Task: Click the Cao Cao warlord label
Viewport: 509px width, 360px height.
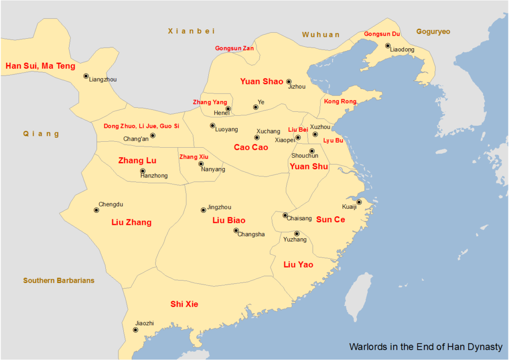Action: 251,147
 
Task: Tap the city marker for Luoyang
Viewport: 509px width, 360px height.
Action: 213,126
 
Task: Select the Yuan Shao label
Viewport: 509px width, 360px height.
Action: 261,82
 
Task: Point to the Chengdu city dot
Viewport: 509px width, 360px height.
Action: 96,210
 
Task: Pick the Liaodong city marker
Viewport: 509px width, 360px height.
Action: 388,46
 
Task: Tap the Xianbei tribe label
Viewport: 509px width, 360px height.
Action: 191,31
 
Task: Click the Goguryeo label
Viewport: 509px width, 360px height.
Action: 433,32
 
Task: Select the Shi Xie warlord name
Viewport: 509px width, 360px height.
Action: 184,304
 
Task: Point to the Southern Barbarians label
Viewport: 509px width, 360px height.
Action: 59,281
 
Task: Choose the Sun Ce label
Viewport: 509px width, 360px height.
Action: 331,219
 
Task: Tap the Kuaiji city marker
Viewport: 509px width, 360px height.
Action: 359,202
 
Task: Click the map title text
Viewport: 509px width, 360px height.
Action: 426,347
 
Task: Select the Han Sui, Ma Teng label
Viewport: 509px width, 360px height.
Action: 40,66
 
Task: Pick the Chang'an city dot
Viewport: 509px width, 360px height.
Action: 153,135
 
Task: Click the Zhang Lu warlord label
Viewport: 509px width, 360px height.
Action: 137,161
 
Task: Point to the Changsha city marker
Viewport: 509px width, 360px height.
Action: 236,230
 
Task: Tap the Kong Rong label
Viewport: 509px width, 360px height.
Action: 340,101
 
